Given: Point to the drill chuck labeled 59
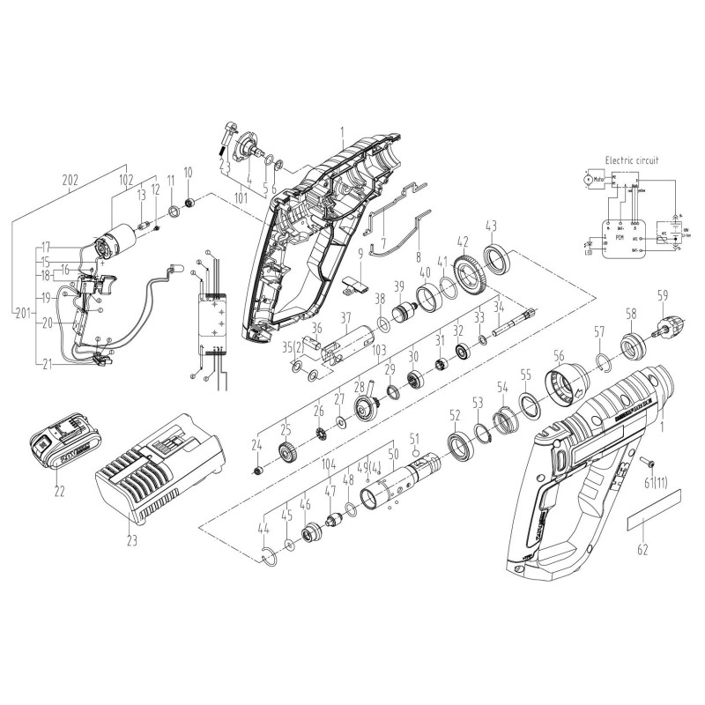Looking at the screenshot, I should [x=660, y=329].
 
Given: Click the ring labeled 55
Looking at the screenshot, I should [x=531, y=405].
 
